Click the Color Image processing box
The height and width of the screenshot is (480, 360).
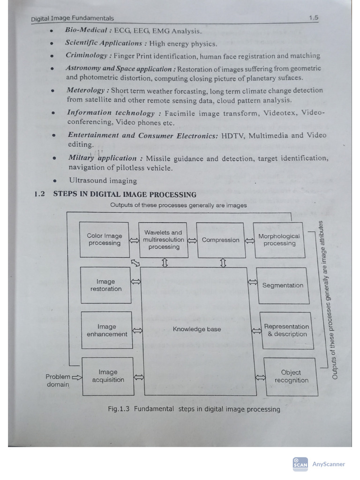pyautogui.click(x=104, y=240)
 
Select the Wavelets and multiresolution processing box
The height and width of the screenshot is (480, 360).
pyautogui.click(x=164, y=240)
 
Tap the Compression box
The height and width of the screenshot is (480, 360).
pyautogui.click(x=220, y=240)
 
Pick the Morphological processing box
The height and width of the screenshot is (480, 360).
pyautogui.click(x=279, y=240)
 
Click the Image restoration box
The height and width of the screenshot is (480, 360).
pyautogui.click(x=106, y=285)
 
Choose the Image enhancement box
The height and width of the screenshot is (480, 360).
pyautogui.click(x=107, y=330)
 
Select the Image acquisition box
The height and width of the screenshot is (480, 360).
pyautogui.click(x=108, y=376)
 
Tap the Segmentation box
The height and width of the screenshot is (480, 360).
pyautogui.click(x=283, y=285)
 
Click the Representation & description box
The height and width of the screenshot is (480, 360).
pyautogui.click(x=286, y=330)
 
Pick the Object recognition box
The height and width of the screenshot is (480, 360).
pyautogui.click(x=291, y=376)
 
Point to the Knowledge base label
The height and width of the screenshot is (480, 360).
pyautogui.click(x=196, y=329)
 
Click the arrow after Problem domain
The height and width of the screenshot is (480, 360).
pyautogui.click(x=77, y=376)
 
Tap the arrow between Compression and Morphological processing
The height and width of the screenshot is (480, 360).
pyautogui.click(x=249, y=240)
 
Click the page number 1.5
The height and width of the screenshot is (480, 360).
pyautogui.click(x=314, y=18)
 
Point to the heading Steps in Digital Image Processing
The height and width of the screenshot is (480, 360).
pyautogui.click(x=125, y=195)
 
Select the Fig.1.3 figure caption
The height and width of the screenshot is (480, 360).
pyautogui.click(x=194, y=409)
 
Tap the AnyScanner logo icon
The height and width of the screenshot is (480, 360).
pyautogui.click(x=300, y=464)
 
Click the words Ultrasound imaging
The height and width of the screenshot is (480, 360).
pyautogui.click(x=103, y=180)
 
